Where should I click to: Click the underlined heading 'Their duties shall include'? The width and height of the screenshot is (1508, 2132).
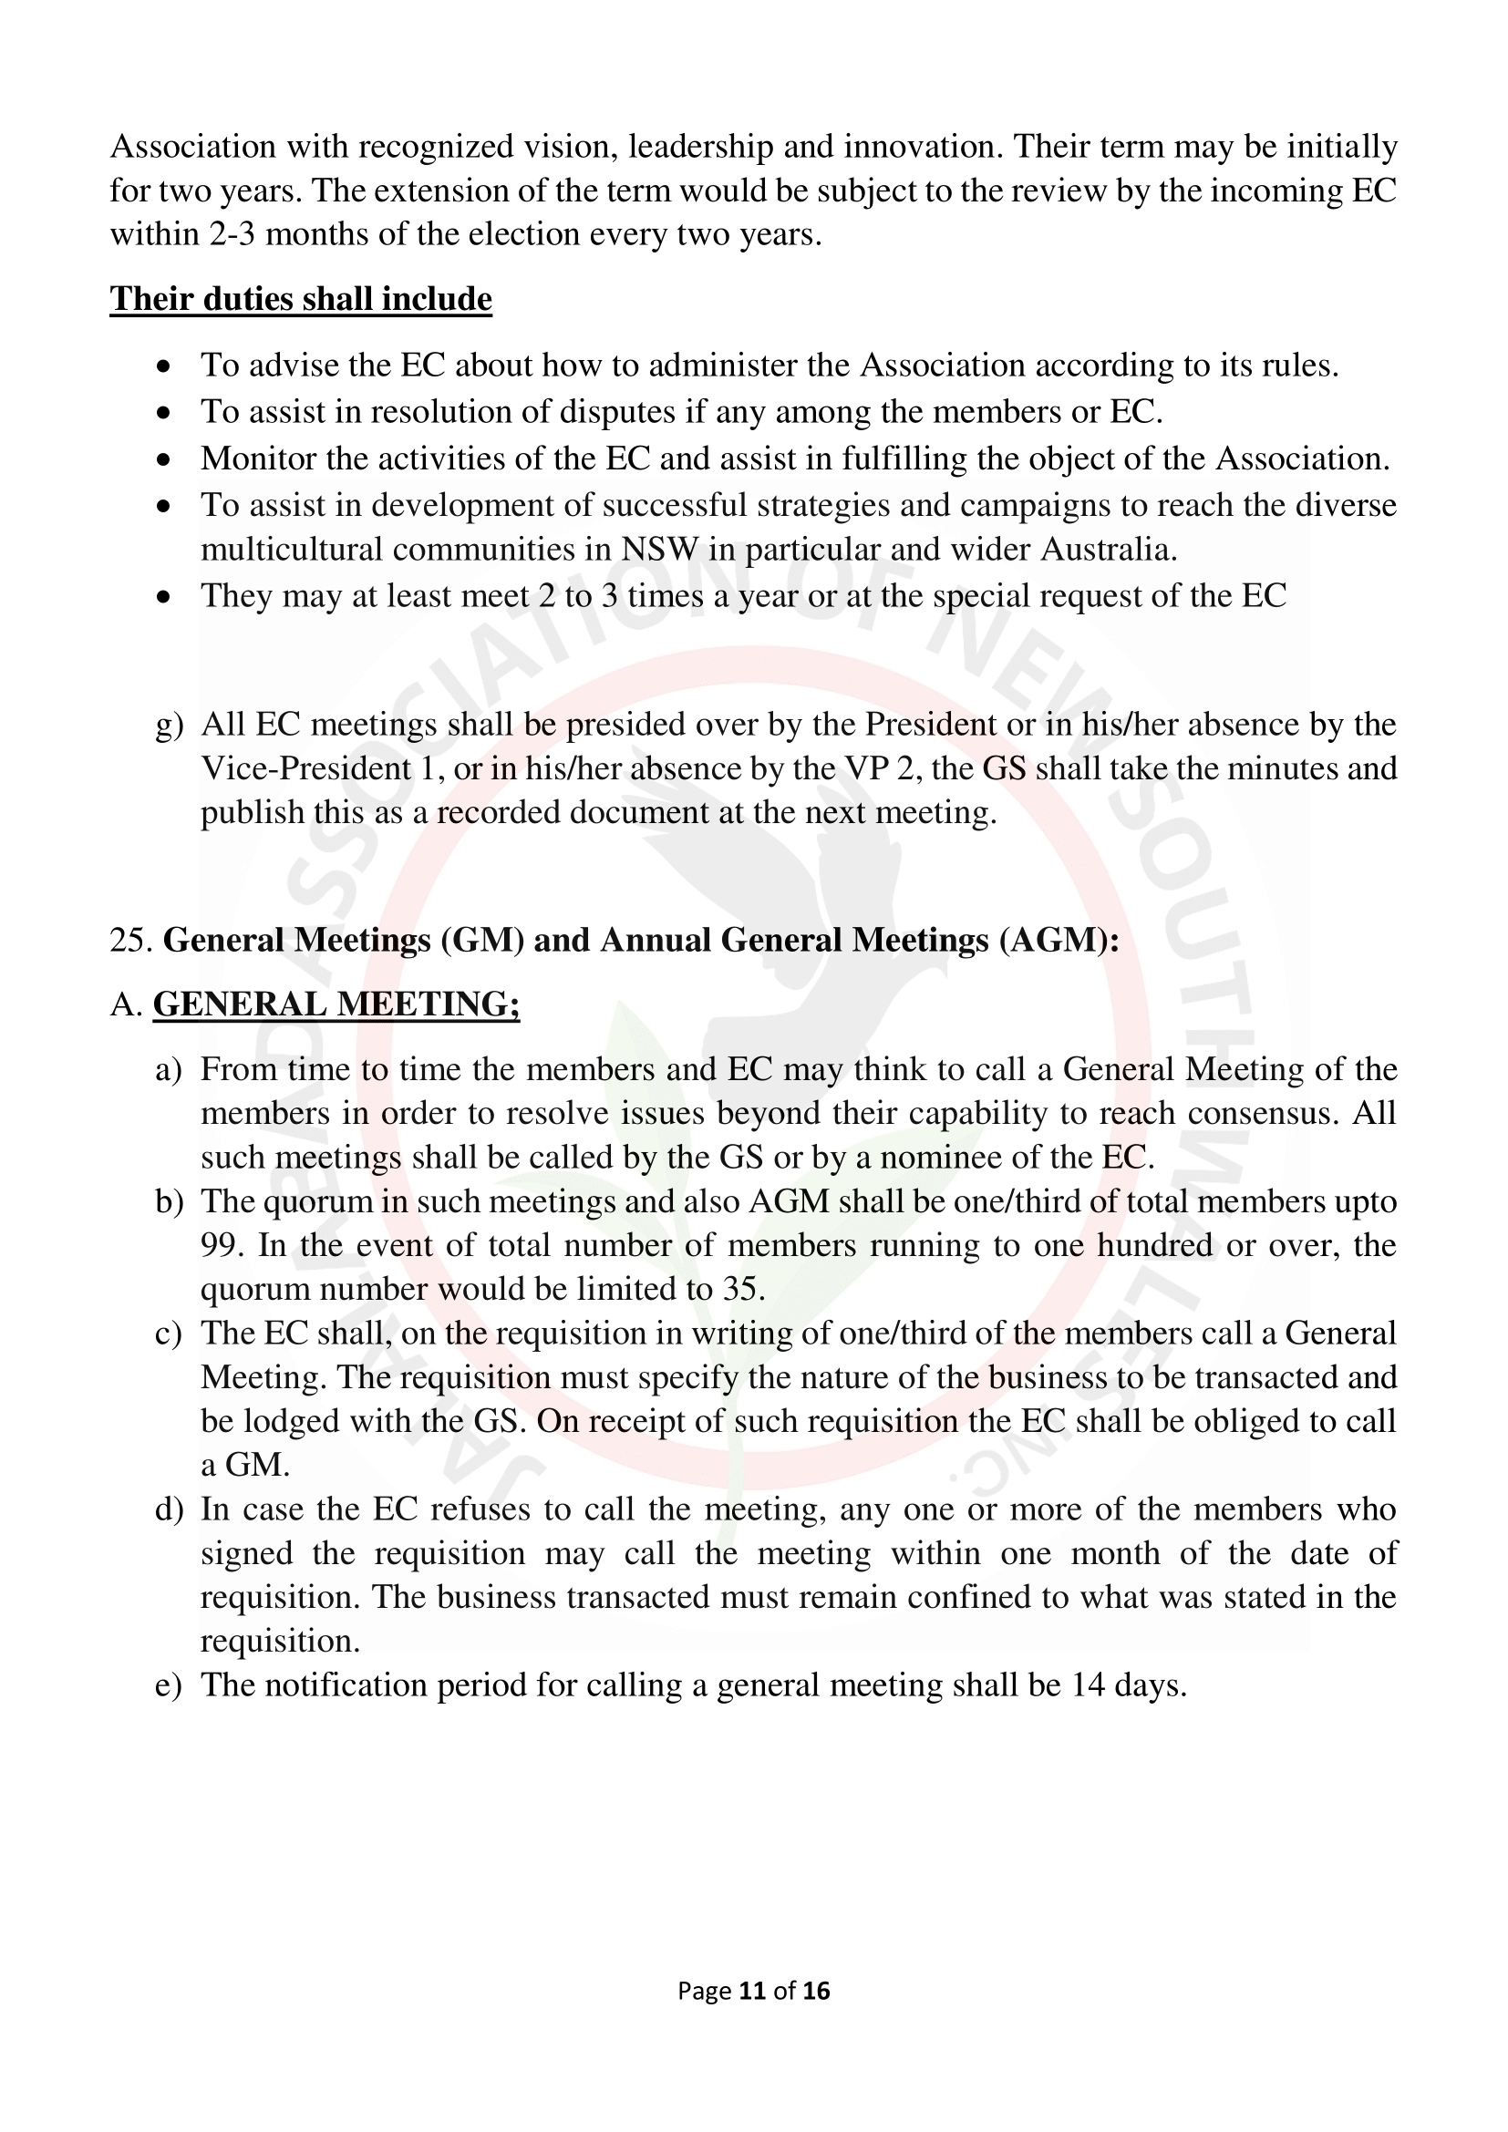point(301,299)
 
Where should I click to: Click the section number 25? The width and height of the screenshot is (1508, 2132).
point(130,940)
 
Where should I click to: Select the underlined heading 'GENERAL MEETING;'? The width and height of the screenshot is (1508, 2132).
point(336,1004)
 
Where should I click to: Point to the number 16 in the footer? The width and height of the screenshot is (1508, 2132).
point(816,1990)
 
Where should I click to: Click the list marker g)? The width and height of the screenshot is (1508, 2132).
point(169,725)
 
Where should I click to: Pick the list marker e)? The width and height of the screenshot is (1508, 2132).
point(168,1684)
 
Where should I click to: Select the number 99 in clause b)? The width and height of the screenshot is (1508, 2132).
point(219,1244)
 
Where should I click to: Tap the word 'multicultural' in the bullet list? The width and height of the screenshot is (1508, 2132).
point(294,549)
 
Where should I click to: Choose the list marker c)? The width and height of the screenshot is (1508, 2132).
point(168,1334)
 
